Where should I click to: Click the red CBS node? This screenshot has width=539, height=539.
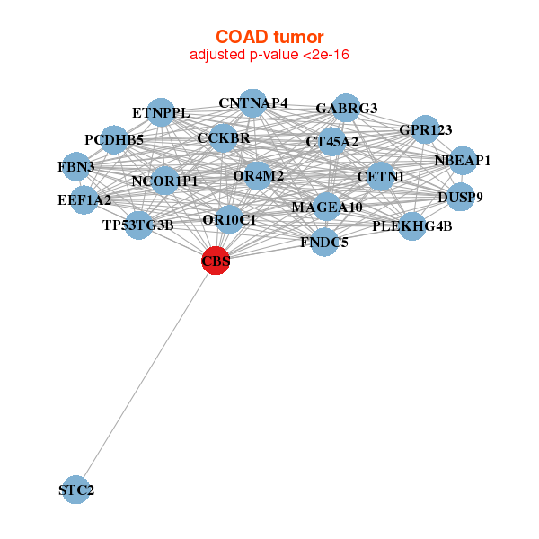click(216, 261)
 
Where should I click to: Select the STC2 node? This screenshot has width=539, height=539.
click(76, 490)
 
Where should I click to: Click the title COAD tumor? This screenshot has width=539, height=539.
click(269, 37)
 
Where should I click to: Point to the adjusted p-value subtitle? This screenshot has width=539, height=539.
click(269, 55)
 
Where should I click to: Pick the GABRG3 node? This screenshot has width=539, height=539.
click(346, 109)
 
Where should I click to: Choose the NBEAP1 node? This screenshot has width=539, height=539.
click(463, 161)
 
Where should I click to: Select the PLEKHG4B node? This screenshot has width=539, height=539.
click(412, 225)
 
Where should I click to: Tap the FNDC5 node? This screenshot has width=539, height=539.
click(324, 242)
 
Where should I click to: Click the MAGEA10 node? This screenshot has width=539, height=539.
click(327, 208)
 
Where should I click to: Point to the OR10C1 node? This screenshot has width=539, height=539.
click(230, 219)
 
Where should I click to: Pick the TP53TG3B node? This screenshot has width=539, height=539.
click(138, 225)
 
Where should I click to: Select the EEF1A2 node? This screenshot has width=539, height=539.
click(84, 199)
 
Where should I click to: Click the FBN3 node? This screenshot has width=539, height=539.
click(76, 167)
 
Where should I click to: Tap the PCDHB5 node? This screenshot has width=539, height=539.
click(114, 140)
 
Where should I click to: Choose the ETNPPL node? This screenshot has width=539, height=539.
click(161, 113)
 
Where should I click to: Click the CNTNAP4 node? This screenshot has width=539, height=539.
click(253, 103)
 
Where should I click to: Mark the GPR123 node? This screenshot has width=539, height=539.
click(426, 130)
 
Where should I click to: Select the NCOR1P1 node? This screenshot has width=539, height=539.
click(164, 181)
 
